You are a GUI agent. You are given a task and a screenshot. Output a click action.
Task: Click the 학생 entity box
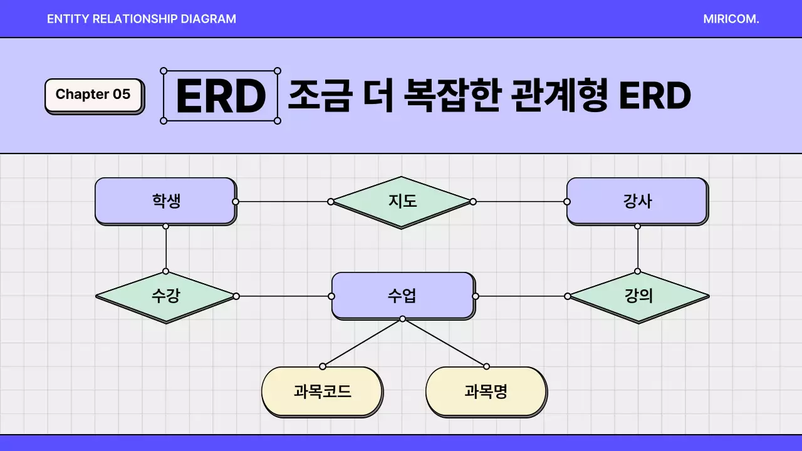[x=165, y=201]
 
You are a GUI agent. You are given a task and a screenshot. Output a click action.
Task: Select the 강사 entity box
[x=637, y=201]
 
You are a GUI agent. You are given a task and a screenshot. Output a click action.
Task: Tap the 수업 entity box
[x=402, y=296]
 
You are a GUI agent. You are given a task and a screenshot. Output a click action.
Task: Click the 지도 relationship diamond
[x=402, y=202]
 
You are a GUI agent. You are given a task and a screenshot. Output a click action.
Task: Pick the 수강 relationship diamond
[x=165, y=296]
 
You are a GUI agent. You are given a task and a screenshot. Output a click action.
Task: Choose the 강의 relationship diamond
[x=638, y=296]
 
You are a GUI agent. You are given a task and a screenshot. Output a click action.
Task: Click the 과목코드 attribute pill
[x=322, y=391]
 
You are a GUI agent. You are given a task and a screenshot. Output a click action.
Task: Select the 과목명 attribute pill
[x=486, y=391]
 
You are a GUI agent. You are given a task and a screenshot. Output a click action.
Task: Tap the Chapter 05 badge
[x=93, y=95]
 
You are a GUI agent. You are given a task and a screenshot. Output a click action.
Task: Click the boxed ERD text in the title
[x=221, y=96]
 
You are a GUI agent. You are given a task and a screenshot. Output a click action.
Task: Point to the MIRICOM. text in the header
[x=731, y=19]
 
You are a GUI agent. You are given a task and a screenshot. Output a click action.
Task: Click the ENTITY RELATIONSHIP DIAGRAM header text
[x=142, y=19]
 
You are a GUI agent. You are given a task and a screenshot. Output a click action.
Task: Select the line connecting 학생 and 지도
[x=283, y=202]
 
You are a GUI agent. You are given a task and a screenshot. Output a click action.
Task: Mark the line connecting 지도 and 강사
[x=520, y=202]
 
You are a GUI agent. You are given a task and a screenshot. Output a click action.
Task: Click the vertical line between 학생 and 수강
[x=166, y=249]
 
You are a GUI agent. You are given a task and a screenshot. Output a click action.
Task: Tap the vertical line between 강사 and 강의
[x=638, y=249]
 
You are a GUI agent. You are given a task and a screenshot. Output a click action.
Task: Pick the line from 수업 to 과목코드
[x=362, y=343]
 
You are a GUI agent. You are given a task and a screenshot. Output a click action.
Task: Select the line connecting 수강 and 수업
[x=284, y=296]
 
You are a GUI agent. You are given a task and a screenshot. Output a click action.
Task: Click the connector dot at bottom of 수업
[x=402, y=319]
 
